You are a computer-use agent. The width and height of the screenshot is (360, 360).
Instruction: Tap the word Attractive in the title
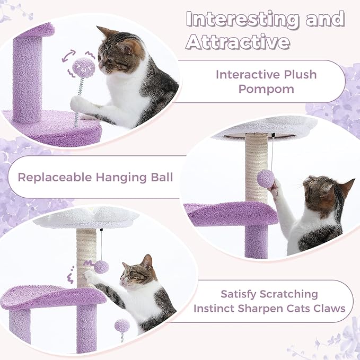(238, 41)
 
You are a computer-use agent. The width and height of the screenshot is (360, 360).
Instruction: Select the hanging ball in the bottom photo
(101, 267)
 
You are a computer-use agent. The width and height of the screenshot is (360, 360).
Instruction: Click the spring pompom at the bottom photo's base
(122, 325)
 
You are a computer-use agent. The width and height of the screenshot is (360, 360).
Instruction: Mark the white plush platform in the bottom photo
(85, 218)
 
